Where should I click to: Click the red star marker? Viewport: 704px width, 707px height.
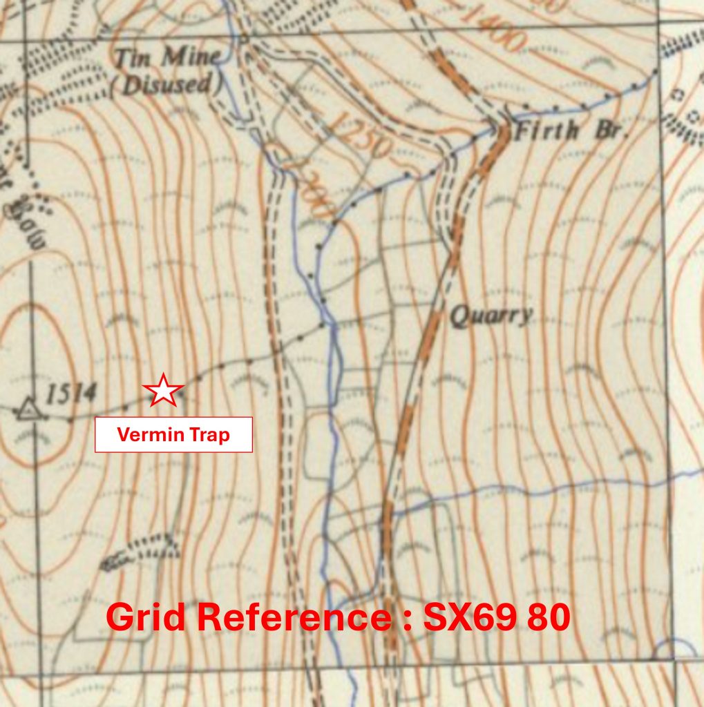163,390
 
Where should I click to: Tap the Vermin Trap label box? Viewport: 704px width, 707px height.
173,435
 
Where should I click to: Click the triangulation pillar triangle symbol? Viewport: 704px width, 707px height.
28,410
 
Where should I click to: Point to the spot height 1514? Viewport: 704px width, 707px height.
70,394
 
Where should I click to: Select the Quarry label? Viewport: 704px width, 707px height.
491,316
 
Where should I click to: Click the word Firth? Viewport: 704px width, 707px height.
544,130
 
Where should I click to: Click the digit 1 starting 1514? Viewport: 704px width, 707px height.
50,395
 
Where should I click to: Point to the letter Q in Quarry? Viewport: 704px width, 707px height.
457,316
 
